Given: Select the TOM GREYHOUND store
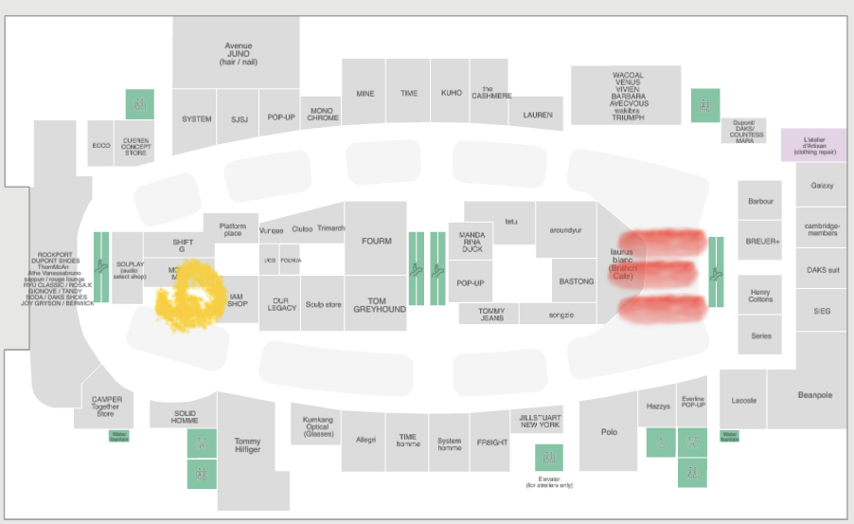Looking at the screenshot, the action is click(x=375, y=303).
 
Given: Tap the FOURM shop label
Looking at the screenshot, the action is click(x=376, y=241).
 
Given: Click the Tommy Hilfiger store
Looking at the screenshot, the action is click(x=247, y=445).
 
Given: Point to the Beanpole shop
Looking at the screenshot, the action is click(x=813, y=395).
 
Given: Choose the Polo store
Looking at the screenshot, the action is click(x=609, y=431).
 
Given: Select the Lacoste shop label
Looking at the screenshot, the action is click(x=743, y=400).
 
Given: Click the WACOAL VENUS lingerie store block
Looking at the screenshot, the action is click(x=627, y=95).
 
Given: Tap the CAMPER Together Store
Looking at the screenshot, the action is click(x=106, y=406).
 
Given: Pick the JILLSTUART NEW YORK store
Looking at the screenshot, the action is click(x=540, y=421).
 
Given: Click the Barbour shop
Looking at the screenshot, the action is click(x=760, y=201).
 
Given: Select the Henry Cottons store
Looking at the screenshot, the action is click(x=760, y=295).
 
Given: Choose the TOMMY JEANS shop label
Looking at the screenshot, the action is click(x=490, y=314).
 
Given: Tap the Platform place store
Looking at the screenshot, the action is click(x=231, y=229).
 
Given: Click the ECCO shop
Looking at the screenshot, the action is click(x=100, y=145).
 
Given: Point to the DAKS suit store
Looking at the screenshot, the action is click(x=822, y=270).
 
